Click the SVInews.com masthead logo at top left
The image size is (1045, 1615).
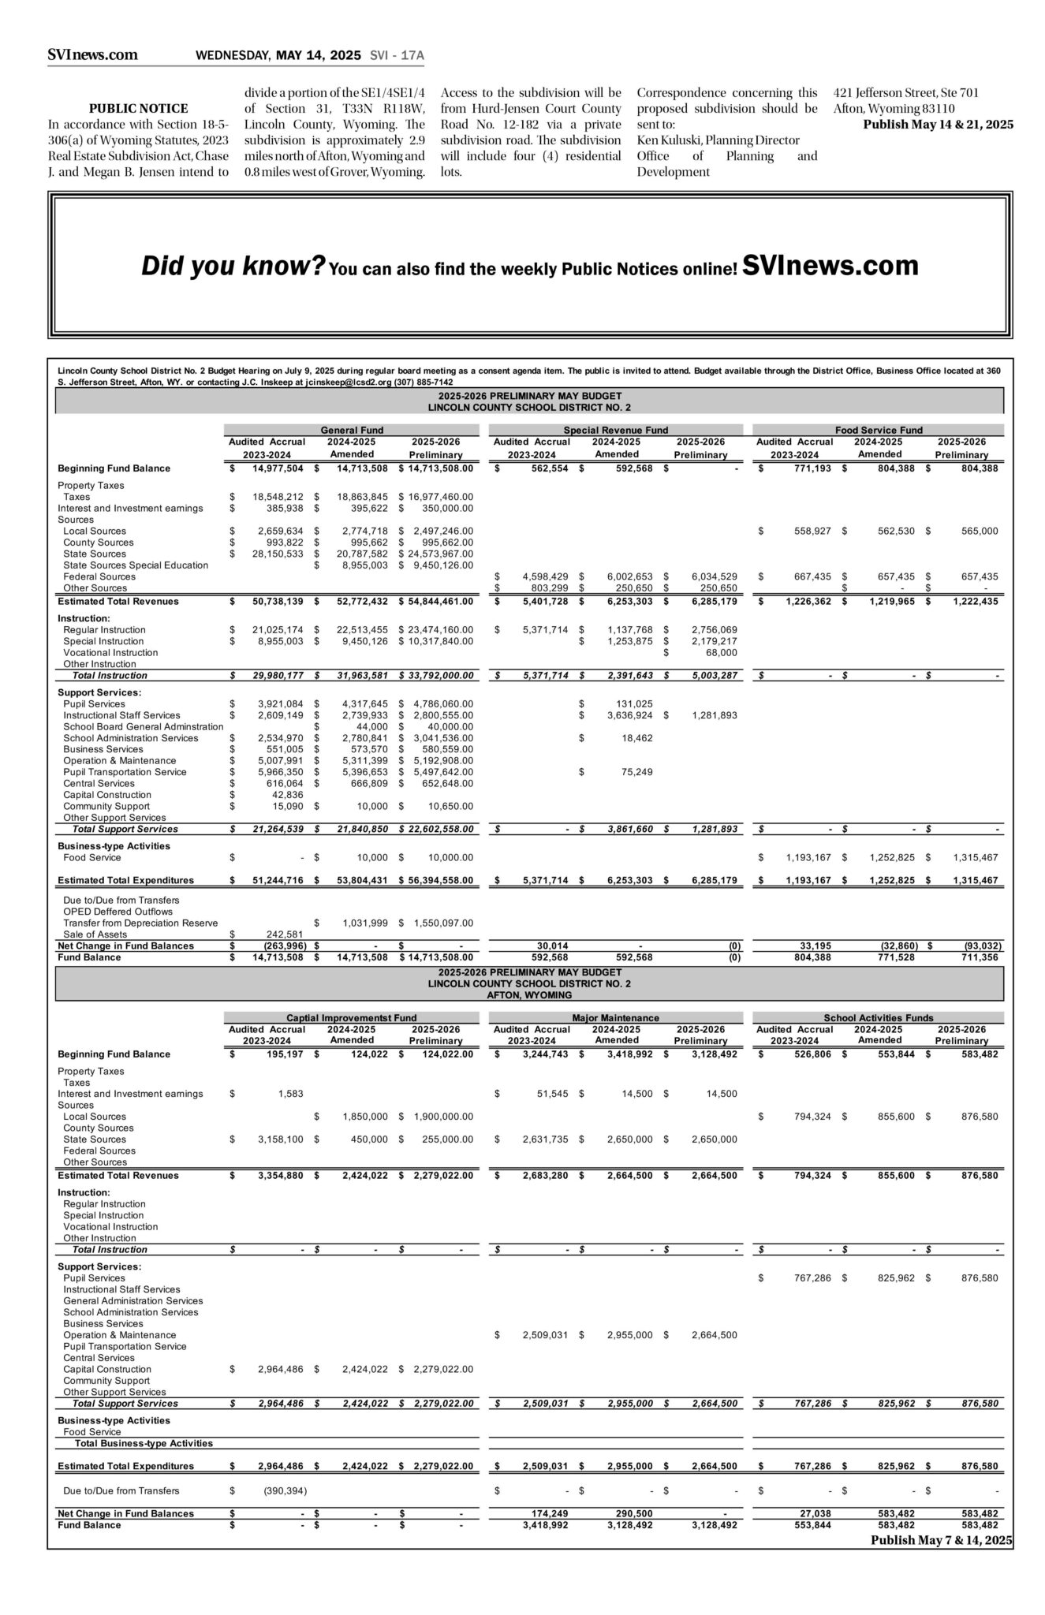click(x=92, y=54)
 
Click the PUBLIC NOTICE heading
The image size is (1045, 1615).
click(x=138, y=108)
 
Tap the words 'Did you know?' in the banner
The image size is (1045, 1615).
click(x=233, y=266)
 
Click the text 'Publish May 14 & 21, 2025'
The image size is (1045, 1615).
click(x=938, y=125)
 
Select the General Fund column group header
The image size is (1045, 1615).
click(x=352, y=430)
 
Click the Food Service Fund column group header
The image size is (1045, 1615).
click(x=879, y=430)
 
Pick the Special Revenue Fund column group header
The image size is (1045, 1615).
click(x=615, y=430)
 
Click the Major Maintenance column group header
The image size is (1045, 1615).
click(x=615, y=1017)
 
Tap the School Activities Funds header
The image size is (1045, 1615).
click(x=879, y=1017)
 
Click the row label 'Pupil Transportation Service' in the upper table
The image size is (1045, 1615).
click(x=125, y=772)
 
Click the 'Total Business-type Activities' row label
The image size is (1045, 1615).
click(x=144, y=1443)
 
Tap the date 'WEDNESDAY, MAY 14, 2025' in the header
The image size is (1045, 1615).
click(x=278, y=55)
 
